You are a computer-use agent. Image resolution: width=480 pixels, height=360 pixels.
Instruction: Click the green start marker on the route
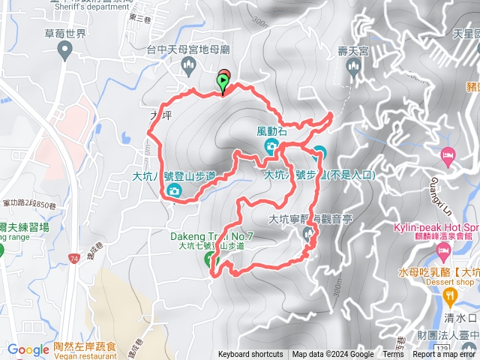(x=223, y=80)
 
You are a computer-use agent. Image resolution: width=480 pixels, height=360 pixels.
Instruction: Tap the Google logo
(x=28, y=349)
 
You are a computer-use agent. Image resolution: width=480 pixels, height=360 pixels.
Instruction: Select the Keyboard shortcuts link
(x=250, y=355)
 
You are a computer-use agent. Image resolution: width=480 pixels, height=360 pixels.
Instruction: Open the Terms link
(x=393, y=355)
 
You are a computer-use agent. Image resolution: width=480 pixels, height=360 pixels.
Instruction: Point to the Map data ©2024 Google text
(x=333, y=355)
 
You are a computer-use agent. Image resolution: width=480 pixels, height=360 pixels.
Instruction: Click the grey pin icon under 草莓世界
(x=64, y=51)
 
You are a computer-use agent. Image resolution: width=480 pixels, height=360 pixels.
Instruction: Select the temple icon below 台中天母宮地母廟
(x=188, y=68)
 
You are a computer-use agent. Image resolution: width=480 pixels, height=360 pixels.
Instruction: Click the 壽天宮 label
(x=353, y=51)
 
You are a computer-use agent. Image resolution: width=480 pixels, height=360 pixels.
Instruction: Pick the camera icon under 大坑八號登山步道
(x=174, y=190)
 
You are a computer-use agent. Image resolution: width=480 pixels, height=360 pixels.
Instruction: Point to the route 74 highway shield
(x=73, y=257)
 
